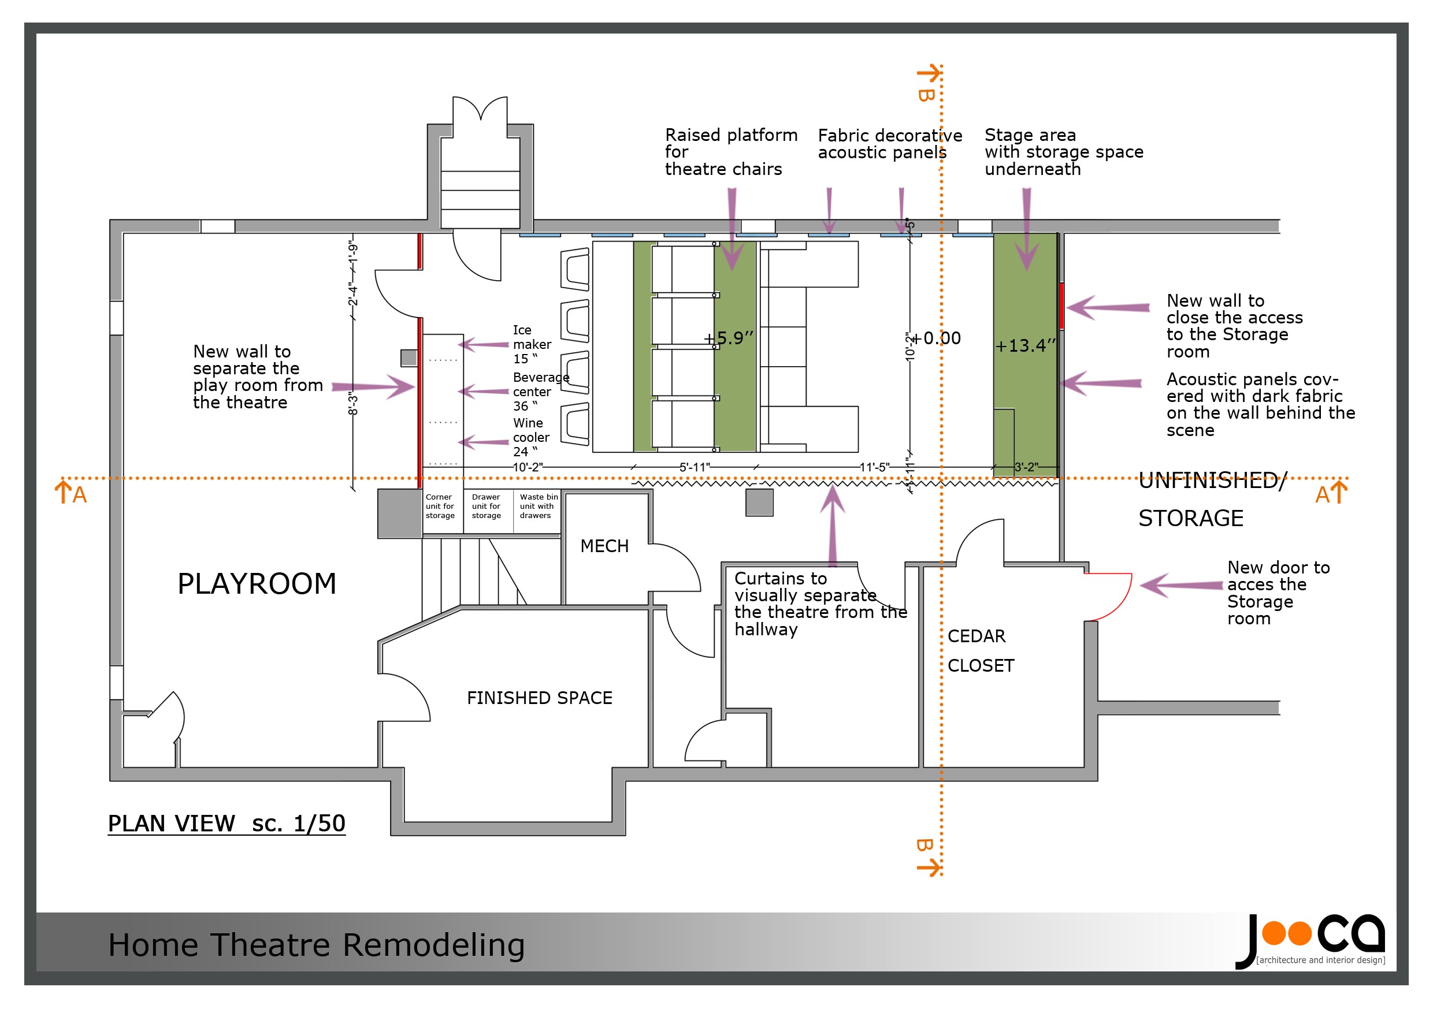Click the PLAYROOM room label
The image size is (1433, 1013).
pyautogui.click(x=257, y=584)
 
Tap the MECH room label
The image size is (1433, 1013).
pyautogui.click(x=604, y=546)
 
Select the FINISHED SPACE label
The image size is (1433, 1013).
pyautogui.click(x=539, y=698)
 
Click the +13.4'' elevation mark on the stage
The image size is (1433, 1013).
pyautogui.click(x=1025, y=345)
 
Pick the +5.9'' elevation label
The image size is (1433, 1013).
pyautogui.click(x=729, y=338)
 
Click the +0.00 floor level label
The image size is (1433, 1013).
pyautogui.click(x=936, y=338)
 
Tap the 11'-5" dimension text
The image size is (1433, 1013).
pyautogui.click(x=874, y=467)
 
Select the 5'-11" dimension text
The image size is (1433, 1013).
pyautogui.click(x=695, y=467)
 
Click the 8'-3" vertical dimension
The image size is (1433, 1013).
pyautogui.click(x=352, y=404)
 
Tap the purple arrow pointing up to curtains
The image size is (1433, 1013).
pyautogui.click(x=832, y=524)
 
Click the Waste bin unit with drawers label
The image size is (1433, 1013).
pyautogui.click(x=537, y=507)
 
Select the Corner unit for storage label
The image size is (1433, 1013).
pyautogui.click(x=440, y=507)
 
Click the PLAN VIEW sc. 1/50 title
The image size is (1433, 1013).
pyautogui.click(x=227, y=824)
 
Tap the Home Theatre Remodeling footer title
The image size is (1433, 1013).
pyautogui.click(x=316, y=945)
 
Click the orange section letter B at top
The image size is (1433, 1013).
pyautogui.click(x=926, y=95)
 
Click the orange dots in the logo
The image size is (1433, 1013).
pyautogui.click(x=1286, y=934)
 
